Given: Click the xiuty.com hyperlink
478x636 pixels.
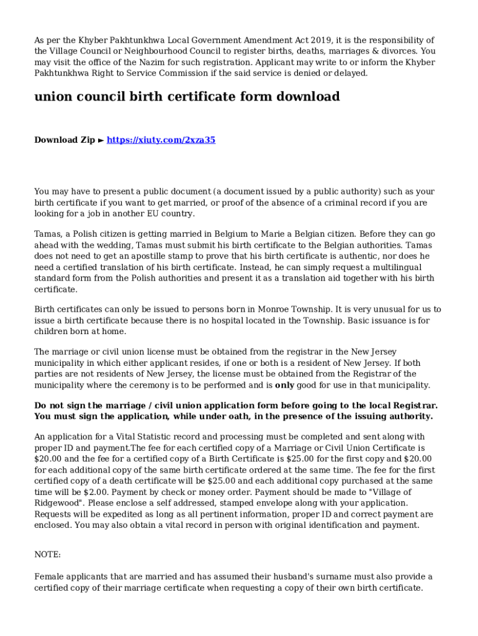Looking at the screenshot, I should click(x=161, y=140).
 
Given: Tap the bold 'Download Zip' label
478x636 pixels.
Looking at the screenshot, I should click(x=65, y=140).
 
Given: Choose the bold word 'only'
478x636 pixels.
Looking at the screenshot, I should click(x=284, y=385).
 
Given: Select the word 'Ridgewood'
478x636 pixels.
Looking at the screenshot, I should click(x=61, y=503).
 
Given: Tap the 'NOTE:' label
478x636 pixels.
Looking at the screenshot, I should click(x=47, y=555).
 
